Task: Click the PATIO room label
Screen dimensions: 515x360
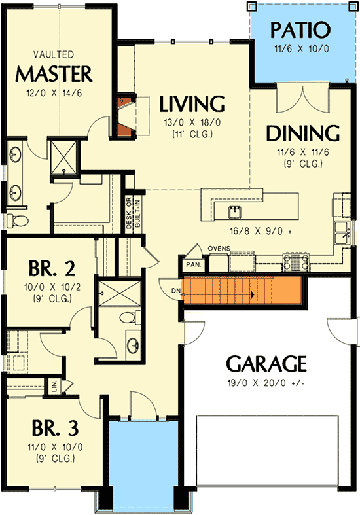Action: (300, 30)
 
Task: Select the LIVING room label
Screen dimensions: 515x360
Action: (192, 104)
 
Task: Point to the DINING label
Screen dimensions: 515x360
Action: (302, 133)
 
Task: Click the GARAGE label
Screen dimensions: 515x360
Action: (266, 363)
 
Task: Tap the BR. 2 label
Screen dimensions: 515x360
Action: (48, 269)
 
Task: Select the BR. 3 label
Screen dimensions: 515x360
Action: (56, 428)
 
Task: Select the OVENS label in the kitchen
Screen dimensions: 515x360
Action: (217, 249)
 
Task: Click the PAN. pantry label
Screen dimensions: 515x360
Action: (193, 264)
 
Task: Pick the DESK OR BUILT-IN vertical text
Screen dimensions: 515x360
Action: (130, 214)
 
